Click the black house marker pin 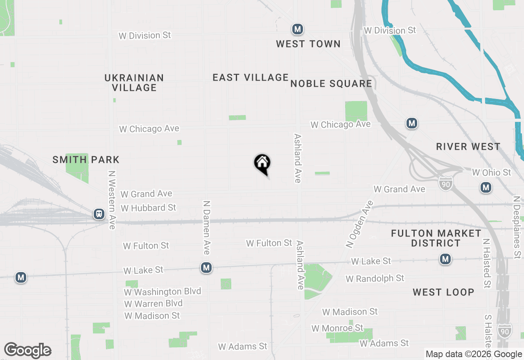(262, 164)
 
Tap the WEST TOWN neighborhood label (308, 44)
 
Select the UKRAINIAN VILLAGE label (134, 83)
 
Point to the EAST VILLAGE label (251, 77)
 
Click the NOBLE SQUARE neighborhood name (331, 84)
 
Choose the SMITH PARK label (86, 160)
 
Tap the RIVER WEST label (468, 147)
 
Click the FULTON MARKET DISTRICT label (436, 238)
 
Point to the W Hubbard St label (148, 208)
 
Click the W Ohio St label (492, 173)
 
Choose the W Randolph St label (375, 279)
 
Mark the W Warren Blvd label (153, 304)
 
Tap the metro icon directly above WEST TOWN (297, 29)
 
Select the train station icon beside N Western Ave (99, 214)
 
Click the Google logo (27, 351)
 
